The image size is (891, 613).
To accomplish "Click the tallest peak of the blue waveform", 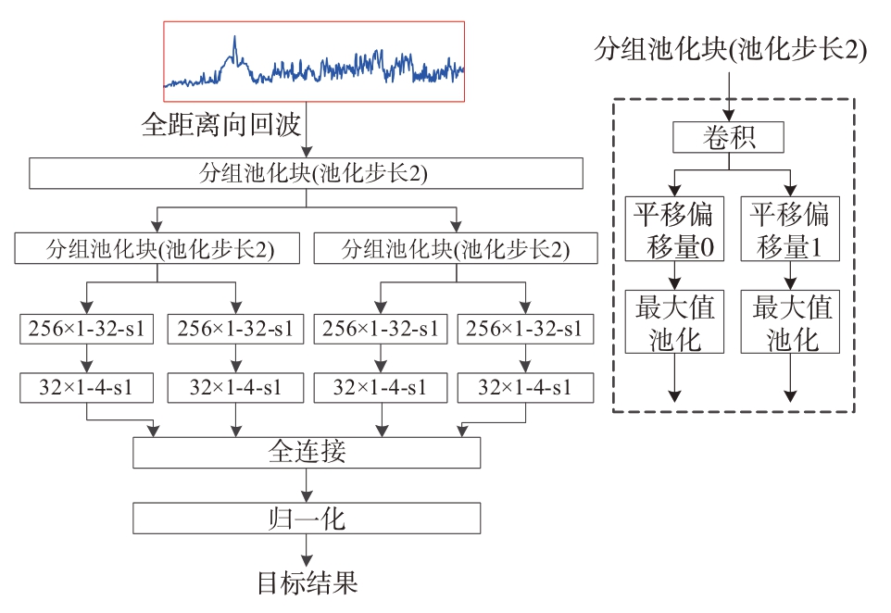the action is [234, 37].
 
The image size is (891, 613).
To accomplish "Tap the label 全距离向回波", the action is [221, 124].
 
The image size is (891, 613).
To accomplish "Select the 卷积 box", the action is [728, 137].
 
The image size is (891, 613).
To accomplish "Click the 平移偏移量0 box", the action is [674, 229].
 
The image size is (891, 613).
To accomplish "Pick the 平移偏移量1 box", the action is [790, 229].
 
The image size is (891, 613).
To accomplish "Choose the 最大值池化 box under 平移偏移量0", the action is [674, 321].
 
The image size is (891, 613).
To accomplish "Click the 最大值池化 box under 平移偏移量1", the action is [790, 321].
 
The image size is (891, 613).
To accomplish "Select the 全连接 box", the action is [307, 453].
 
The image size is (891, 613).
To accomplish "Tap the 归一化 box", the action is [307, 519].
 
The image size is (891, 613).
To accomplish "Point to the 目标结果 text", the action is [307, 582].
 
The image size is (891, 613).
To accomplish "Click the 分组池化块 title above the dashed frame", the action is [730, 49].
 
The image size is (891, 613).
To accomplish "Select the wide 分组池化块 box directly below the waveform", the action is [307, 173].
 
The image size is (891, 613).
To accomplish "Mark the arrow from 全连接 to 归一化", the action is [307, 485].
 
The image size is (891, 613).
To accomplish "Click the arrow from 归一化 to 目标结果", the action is [307, 550].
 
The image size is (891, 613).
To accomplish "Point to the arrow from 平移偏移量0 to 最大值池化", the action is [674, 276].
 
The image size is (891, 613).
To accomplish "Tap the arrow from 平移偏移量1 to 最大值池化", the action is [790, 276].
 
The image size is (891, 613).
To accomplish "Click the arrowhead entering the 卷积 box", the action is [729, 116].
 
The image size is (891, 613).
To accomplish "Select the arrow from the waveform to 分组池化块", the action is [307, 130].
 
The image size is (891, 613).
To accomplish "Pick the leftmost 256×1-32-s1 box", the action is [86, 329].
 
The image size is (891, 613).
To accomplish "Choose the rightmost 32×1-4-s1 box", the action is [526, 387].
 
